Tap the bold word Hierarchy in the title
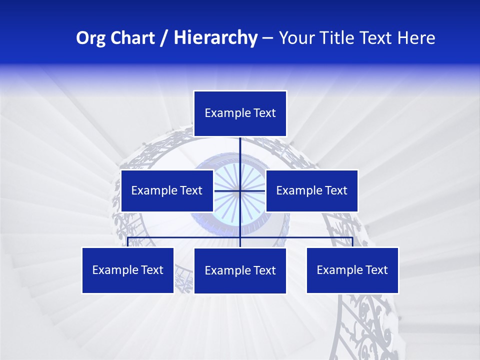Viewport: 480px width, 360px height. (x=215, y=38)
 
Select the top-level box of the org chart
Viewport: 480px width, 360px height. (x=240, y=113)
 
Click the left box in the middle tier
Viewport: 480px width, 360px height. (x=167, y=190)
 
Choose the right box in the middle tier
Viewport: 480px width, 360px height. (x=311, y=190)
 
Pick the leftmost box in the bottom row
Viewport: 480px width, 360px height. (x=128, y=270)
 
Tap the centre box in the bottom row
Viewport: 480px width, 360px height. (x=240, y=270)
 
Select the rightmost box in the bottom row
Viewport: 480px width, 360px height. (x=352, y=270)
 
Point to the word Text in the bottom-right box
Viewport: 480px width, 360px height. (x=376, y=270)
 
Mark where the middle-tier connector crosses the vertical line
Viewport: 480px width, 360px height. (x=240, y=190)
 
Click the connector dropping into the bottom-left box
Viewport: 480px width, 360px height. (x=128, y=242)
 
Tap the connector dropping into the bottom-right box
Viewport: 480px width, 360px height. (x=352, y=242)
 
